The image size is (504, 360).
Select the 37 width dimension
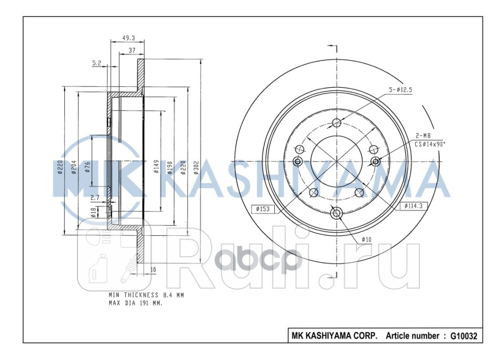[x=131, y=50]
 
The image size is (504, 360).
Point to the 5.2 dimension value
[x=97, y=63]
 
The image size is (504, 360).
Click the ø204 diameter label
[x=75, y=167]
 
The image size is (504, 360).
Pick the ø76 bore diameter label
[x=88, y=167]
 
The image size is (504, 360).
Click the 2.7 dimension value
[x=95, y=197]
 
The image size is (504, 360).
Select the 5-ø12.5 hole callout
[x=400, y=90]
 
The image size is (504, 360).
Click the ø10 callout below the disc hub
[x=367, y=239]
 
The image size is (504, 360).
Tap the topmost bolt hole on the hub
[x=336, y=123]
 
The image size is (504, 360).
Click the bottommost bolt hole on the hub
[x=336, y=213]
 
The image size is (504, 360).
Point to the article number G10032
[x=464, y=336]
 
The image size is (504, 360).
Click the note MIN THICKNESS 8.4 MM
[x=146, y=295]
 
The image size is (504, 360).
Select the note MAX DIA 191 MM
[x=135, y=303]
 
